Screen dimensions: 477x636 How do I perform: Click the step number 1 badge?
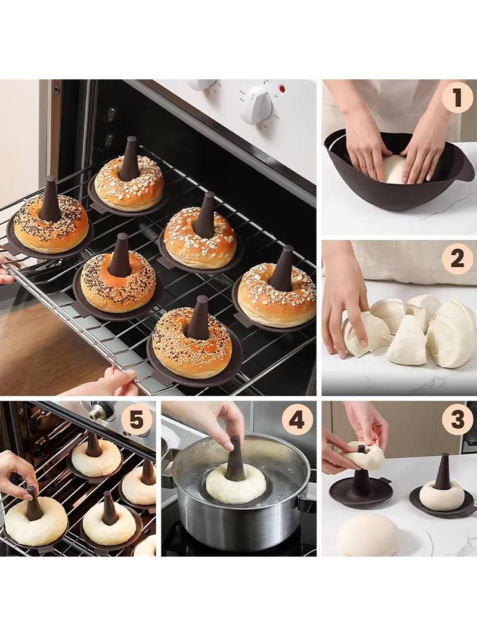[x=457, y=98]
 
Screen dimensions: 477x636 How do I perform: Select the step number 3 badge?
[x=457, y=419]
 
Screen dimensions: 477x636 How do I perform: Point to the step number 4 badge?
[x=297, y=419]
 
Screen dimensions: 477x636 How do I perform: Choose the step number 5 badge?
[x=136, y=419]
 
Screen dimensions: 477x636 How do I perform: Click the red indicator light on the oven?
[x=282, y=88]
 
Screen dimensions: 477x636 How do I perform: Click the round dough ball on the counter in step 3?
[x=367, y=535]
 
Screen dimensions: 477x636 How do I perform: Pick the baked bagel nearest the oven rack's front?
[x=191, y=342]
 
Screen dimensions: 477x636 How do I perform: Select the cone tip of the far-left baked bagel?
[x=51, y=179]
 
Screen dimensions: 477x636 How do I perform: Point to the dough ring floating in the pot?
[x=236, y=485]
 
